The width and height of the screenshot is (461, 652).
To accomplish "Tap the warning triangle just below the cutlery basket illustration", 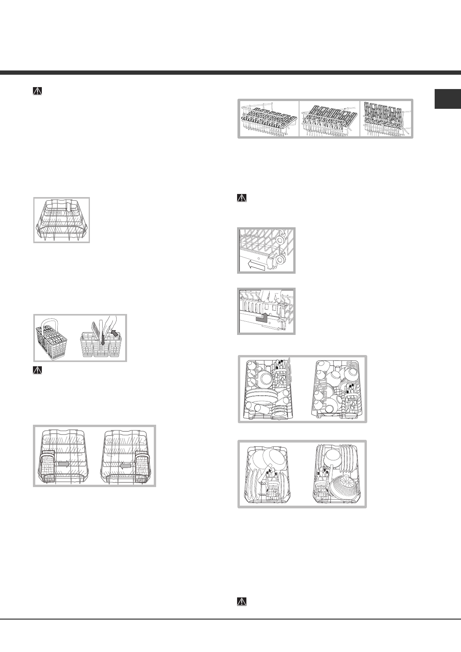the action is click(38, 370).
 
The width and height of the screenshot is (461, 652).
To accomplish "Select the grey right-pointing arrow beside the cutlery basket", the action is click(64, 463).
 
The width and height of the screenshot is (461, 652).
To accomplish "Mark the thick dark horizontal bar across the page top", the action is click(230, 72).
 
